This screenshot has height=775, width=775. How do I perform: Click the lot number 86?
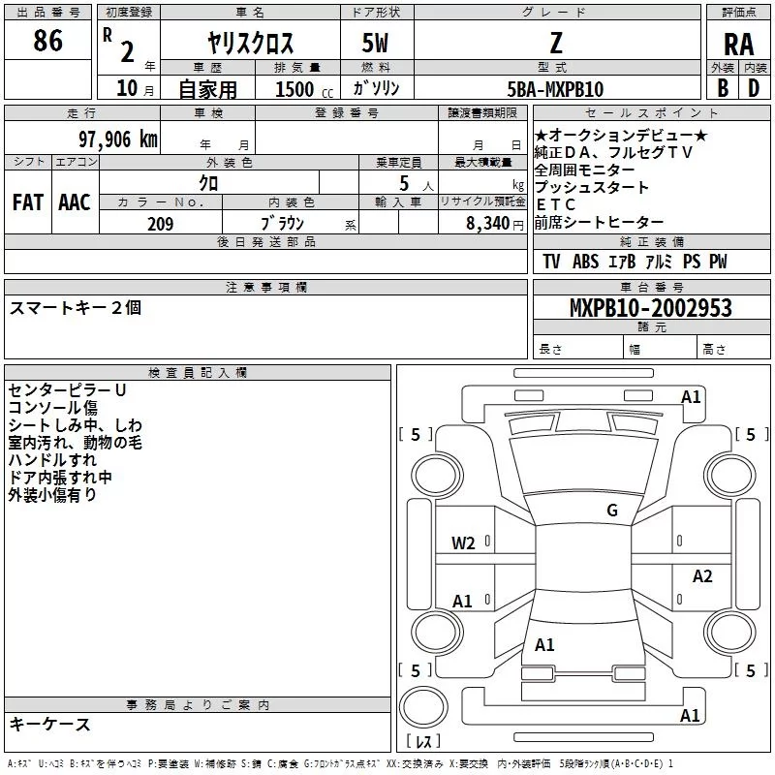(47, 41)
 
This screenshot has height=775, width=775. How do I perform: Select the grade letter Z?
(555, 43)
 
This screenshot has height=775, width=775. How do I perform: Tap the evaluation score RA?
(738, 45)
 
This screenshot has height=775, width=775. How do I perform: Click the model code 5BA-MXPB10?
(555, 89)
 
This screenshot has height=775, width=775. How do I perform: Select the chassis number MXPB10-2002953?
(650, 309)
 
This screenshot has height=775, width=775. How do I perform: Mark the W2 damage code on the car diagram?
(463, 543)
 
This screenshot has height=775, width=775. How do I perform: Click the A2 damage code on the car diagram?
(702, 576)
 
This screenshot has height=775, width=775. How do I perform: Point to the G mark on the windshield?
(611, 511)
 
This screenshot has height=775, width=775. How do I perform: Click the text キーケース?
(50, 725)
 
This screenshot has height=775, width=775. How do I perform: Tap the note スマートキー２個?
(76, 308)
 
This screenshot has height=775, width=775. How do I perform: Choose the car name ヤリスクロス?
(250, 45)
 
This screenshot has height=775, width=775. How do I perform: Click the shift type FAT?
(27, 202)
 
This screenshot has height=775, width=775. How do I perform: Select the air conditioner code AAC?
(75, 202)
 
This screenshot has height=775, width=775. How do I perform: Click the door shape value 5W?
(378, 44)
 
